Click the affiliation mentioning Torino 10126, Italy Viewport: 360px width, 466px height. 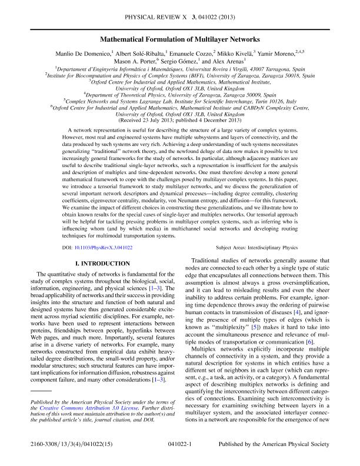[179, 100]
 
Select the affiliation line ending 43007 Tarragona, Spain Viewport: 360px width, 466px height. [179, 68]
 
